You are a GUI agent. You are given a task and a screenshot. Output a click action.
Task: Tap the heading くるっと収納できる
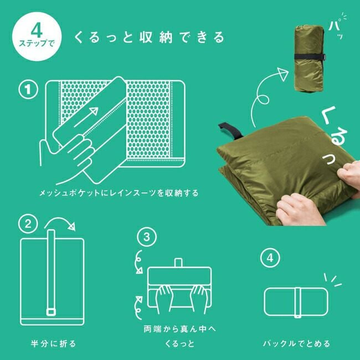(x=150, y=38)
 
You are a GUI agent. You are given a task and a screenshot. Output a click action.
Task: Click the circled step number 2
(x=27, y=224)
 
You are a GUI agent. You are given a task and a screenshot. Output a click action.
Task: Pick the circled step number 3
(x=146, y=238)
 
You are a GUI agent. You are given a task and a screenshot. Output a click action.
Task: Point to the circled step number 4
(x=269, y=259)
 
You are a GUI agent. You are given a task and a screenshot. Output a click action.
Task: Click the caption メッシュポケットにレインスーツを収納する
(x=118, y=194)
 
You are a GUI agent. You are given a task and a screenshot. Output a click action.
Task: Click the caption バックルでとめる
(x=297, y=343)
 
